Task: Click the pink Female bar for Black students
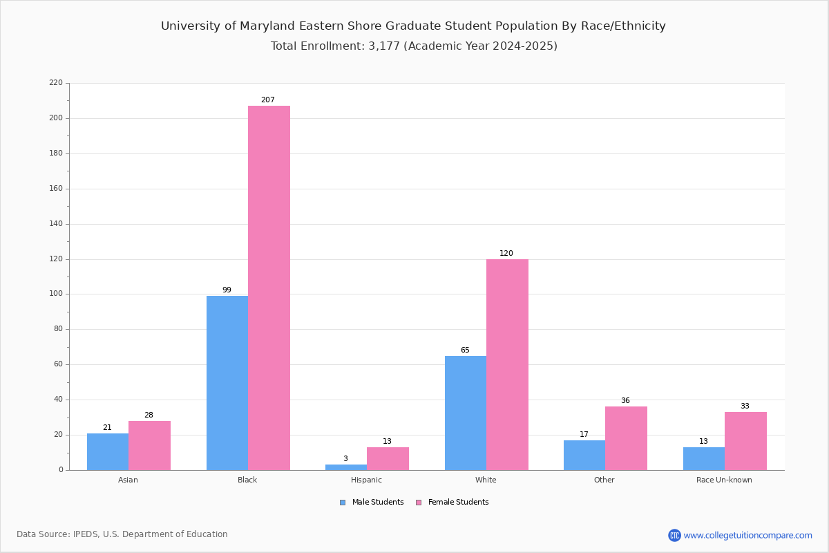(x=269, y=288)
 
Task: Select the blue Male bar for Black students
(x=227, y=383)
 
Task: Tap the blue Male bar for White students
(x=466, y=413)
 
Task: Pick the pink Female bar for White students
(x=507, y=364)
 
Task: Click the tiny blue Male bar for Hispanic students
(x=346, y=467)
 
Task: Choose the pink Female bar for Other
(x=626, y=438)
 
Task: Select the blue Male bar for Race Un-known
(x=704, y=458)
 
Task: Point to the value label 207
(x=268, y=100)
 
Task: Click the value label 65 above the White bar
(x=465, y=350)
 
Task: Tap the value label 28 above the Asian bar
(x=149, y=415)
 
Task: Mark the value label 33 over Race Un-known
(x=745, y=406)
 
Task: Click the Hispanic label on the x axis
(x=366, y=480)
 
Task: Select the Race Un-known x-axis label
(x=724, y=480)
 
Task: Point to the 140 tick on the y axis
(x=56, y=224)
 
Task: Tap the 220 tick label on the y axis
(x=56, y=83)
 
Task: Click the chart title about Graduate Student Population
(x=413, y=26)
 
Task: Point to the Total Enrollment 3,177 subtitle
(x=413, y=46)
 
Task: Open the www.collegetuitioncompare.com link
(x=747, y=535)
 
